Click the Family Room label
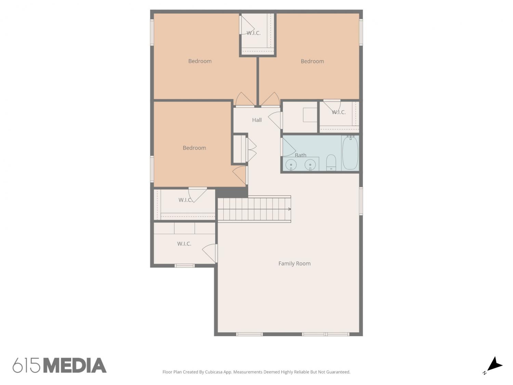[294, 264]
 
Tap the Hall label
[256, 120]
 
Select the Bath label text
[300, 155]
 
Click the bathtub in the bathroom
[350, 153]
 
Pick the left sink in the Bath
[291, 165]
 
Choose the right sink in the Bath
[310, 165]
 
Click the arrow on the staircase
[289, 209]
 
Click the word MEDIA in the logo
[75, 365]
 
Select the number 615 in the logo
[26, 365]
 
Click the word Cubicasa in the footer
[214, 372]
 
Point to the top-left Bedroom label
[200, 61]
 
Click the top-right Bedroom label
[312, 61]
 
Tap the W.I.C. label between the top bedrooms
[253, 33]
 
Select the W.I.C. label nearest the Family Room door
[184, 244]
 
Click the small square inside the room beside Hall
[310, 115]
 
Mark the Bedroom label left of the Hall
[194, 148]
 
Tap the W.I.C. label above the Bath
[339, 112]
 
